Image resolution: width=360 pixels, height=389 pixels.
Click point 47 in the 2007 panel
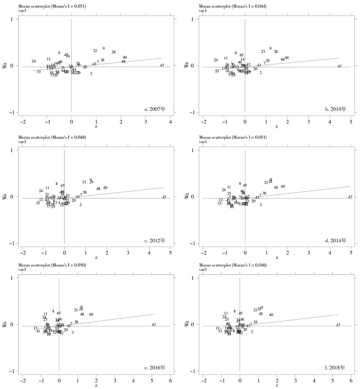[162, 65]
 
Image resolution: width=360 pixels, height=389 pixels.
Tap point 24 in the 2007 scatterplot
[34, 61]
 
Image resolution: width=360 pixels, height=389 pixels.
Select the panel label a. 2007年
[155, 109]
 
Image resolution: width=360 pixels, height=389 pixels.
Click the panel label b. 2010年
[336, 109]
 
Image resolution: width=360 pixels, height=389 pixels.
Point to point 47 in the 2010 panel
[340, 66]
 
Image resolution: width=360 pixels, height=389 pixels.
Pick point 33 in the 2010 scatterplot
[217, 71]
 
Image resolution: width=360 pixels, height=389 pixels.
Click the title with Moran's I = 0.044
[233, 6]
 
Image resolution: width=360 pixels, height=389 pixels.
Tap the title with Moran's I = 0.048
[52, 137]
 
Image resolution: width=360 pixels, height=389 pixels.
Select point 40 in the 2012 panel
[105, 188]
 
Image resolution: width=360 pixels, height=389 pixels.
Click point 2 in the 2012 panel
[81, 205]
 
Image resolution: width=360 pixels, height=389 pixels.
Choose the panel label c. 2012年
[155, 240]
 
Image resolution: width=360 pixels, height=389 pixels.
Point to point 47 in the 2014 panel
[350, 197]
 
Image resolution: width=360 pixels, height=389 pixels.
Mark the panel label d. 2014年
[336, 240]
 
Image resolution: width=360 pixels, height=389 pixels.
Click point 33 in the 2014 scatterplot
[220, 204]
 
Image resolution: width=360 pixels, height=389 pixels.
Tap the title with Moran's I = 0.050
[52, 265]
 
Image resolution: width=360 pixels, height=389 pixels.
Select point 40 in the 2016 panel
[91, 315]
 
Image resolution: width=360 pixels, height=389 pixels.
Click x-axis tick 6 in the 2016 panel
[170, 380]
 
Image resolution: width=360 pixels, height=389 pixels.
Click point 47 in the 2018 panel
[338, 325]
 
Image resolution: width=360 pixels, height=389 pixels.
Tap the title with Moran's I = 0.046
[233, 265]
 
